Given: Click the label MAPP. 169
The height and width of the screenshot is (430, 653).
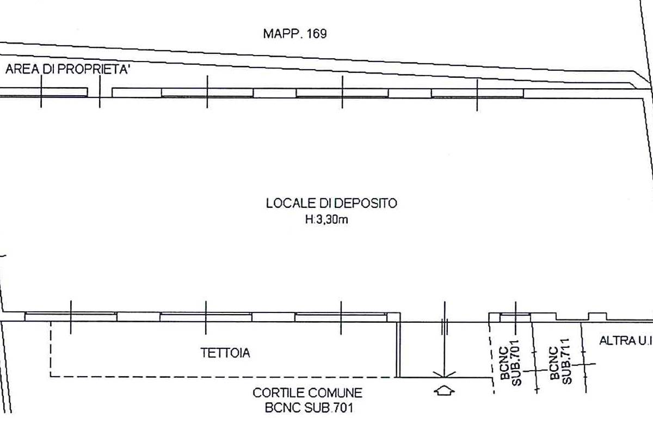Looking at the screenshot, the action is pos(295,34).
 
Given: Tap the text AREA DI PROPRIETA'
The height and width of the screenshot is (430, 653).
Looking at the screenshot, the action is pos(67,69).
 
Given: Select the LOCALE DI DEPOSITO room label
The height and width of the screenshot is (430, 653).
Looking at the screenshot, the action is pos(331,203).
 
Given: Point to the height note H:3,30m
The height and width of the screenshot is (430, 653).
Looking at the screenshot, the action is pos(326,219).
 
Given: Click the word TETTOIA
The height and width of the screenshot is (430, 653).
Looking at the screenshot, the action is pos(225,353).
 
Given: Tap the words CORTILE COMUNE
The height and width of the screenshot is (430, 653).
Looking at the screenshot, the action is pos(307,393).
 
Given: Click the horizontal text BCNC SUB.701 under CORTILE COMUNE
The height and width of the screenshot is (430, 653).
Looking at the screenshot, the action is pos(309,408).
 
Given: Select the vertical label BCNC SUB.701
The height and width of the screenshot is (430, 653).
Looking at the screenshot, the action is pos(510,363).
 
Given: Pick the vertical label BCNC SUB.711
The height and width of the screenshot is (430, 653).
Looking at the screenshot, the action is pos(561,361).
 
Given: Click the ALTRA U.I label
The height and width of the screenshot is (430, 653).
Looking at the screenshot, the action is pos(626,341).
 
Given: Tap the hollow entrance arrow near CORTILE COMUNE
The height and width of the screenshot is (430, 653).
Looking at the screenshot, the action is pos(444,391).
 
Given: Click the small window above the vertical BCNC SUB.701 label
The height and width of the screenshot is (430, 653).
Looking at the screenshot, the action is pos(515,318).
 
